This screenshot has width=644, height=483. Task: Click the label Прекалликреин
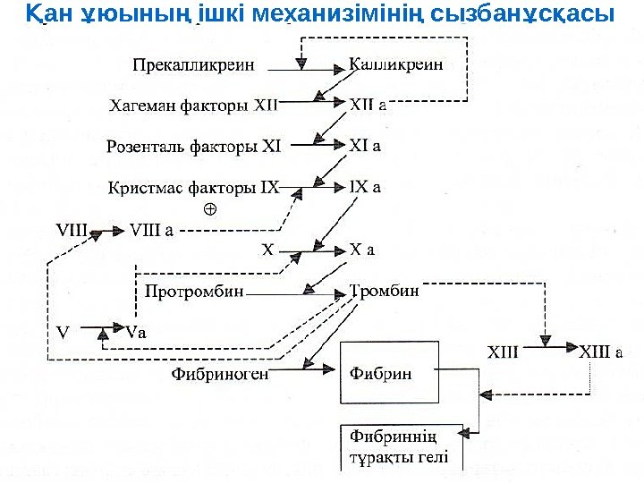[x=193, y=65]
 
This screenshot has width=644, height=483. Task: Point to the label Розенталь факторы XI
[x=193, y=145]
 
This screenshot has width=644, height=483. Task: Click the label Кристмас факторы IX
[x=193, y=188]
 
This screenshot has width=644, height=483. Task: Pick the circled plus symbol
[x=211, y=209]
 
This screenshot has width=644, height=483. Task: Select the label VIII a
[x=152, y=228]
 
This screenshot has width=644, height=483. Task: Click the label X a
[x=361, y=250]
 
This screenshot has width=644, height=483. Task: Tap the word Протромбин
[x=193, y=292]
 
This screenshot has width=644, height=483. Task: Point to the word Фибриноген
[x=219, y=374]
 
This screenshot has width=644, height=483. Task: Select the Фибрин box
[x=389, y=372]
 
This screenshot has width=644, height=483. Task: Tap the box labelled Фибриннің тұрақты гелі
[x=403, y=449]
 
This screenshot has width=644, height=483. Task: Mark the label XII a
[x=367, y=105]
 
